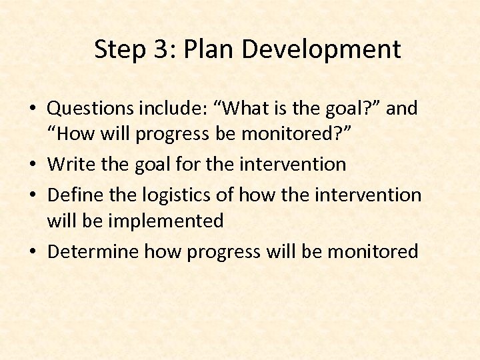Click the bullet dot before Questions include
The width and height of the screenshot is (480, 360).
[38, 109]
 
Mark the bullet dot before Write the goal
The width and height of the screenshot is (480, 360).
[38, 165]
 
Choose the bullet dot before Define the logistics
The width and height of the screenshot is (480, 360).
[38, 195]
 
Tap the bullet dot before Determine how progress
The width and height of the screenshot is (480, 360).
[38, 252]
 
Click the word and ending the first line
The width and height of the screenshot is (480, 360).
[401, 108]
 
